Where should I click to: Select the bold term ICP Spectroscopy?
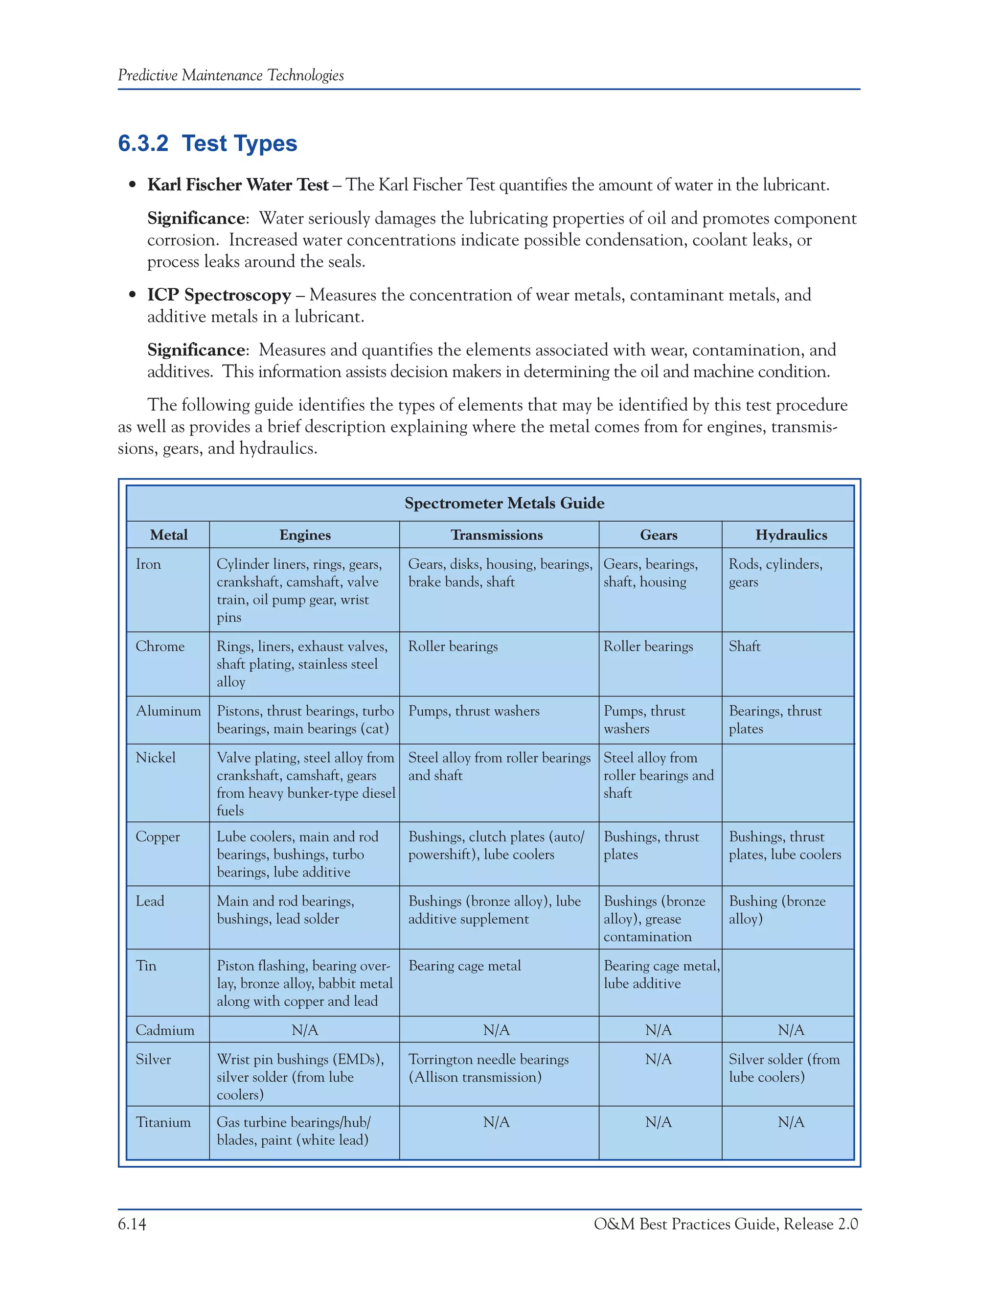click(219, 295)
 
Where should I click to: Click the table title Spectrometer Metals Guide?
click(504, 503)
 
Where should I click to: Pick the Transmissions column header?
click(497, 535)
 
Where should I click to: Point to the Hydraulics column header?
click(791, 535)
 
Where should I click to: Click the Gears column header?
click(659, 535)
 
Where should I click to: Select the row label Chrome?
click(159, 646)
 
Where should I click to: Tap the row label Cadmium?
click(164, 1030)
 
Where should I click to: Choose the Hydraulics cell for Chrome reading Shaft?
click(744, 646)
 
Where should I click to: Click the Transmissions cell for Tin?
click(464, 966)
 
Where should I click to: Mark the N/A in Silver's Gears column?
click(659, 1060)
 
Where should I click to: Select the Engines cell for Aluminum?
click(304, 720)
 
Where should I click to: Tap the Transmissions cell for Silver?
click(488, 1068)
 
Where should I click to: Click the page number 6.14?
click(132, 1224)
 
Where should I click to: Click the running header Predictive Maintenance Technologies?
click(230, 75)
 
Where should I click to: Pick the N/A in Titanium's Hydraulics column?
click(791, 1122)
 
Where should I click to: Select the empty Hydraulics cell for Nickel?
click(788, 783)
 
